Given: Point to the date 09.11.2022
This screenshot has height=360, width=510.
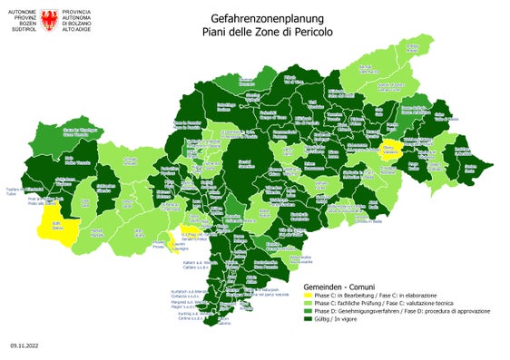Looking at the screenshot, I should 25,345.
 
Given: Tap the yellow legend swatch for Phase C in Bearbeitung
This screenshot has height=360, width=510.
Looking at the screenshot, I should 309,295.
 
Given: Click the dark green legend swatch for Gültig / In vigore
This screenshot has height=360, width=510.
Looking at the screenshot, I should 309,318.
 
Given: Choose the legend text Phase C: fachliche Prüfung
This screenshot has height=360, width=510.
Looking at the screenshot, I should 354,302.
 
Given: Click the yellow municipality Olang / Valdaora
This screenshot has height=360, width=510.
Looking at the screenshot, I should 388,150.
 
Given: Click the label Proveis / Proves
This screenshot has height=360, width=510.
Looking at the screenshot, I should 159,245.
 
